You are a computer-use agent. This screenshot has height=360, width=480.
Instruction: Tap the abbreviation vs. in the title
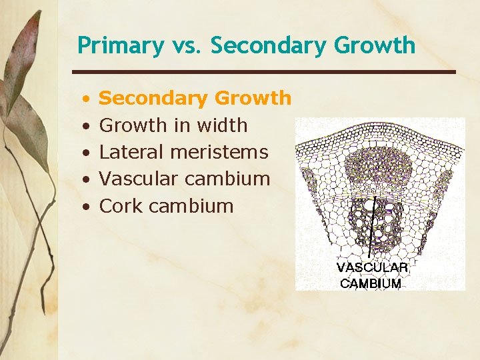pos(186,46)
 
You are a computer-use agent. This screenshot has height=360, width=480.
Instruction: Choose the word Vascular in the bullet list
pos(137,179)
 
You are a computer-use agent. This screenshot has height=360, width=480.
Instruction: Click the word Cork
pos(121,206)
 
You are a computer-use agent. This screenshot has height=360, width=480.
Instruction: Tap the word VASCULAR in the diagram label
pos(372,267)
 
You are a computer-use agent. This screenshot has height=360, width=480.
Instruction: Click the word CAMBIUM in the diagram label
pos(371,283)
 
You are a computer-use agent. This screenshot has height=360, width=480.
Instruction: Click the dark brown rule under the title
pos(263,71)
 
